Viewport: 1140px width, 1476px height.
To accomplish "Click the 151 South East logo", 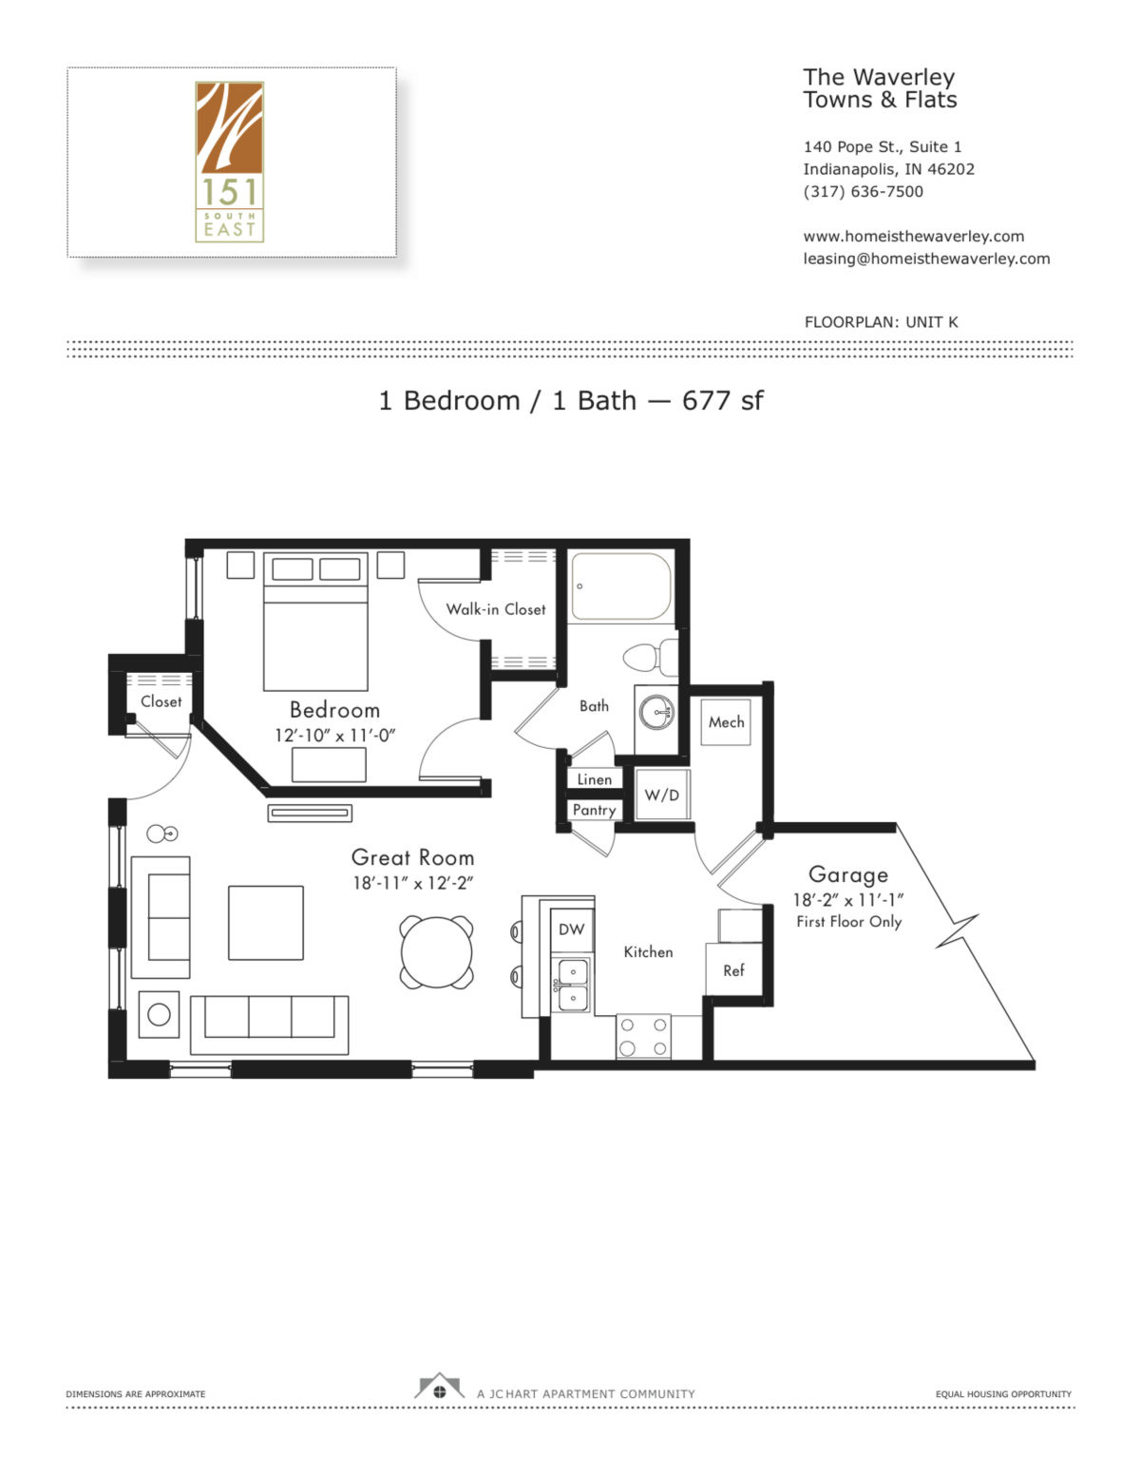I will [230, 162].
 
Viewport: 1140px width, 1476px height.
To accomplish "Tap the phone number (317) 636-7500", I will [863, 191].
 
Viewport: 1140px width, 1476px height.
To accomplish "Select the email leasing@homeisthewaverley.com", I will [926, 259].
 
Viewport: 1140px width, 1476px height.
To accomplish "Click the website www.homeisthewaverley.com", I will [913, 236].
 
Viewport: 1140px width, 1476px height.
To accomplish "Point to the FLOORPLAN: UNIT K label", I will [881, 322].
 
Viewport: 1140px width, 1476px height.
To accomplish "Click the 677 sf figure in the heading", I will [722, 401].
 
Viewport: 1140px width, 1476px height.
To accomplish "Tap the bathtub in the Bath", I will [620, 587].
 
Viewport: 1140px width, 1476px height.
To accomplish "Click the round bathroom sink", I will [655, 711].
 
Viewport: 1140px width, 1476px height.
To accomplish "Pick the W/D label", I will [662, 795].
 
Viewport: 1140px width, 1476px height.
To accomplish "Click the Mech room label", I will [726, 722].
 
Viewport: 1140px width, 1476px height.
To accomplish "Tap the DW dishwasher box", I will [571, 930].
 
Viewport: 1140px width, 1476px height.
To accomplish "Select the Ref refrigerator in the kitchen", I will [733, 970].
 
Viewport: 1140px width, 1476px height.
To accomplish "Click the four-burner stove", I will [643, 1036].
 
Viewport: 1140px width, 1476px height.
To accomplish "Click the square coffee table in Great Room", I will [266, 923].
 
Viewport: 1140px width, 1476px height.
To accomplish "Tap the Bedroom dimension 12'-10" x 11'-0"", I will [334, 736].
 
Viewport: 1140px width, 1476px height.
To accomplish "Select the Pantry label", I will [594, 810].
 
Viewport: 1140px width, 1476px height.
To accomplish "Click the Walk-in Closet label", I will [496, 609].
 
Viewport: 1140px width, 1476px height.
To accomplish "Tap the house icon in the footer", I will [439, 1388].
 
